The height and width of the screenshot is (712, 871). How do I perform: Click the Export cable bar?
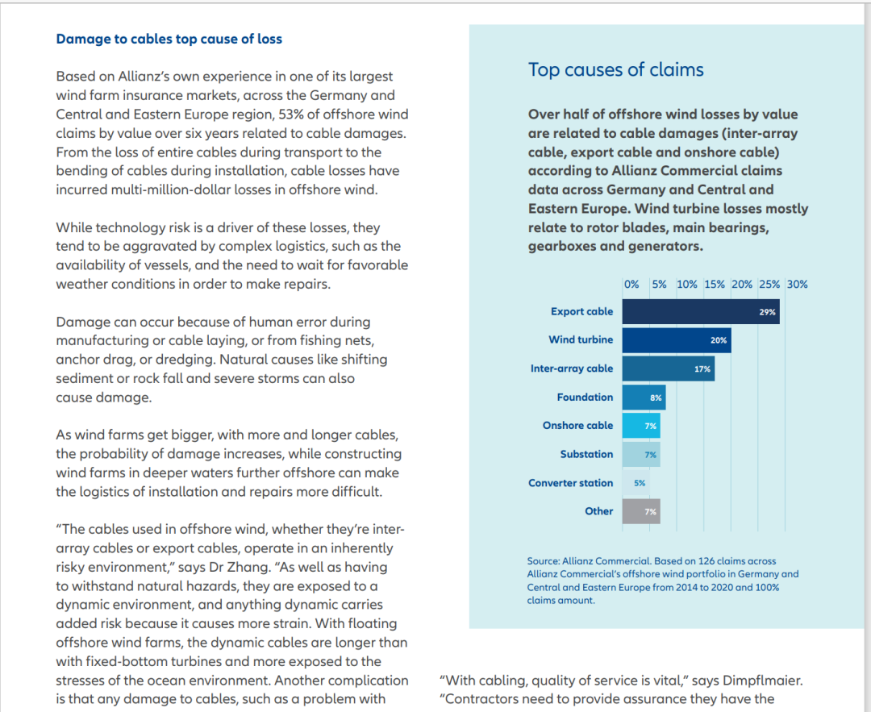pos(701,311)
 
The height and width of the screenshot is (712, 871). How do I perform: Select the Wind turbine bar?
pos(677,340)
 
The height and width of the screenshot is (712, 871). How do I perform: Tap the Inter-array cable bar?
pos(669,368)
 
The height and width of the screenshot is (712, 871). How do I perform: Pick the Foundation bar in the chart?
pos(644,397)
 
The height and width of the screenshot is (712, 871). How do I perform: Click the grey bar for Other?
pos(641,511)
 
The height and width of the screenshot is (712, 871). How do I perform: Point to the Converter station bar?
pos(636,483)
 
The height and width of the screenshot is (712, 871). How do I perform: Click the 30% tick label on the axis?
pos(797,285)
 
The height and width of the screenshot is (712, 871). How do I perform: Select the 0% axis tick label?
pos(631,285)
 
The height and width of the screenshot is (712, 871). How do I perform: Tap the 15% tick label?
pos(715,285)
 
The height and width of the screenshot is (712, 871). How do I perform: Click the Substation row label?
pos(586,454)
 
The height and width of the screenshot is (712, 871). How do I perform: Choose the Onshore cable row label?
pos(577,426)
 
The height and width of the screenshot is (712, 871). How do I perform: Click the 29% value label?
pos(767,312)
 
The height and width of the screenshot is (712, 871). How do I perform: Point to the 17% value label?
pos(702,368)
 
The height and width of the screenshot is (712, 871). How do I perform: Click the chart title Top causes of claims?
pos(615,69)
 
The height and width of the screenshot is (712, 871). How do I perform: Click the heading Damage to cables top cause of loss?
pos(169,39)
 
